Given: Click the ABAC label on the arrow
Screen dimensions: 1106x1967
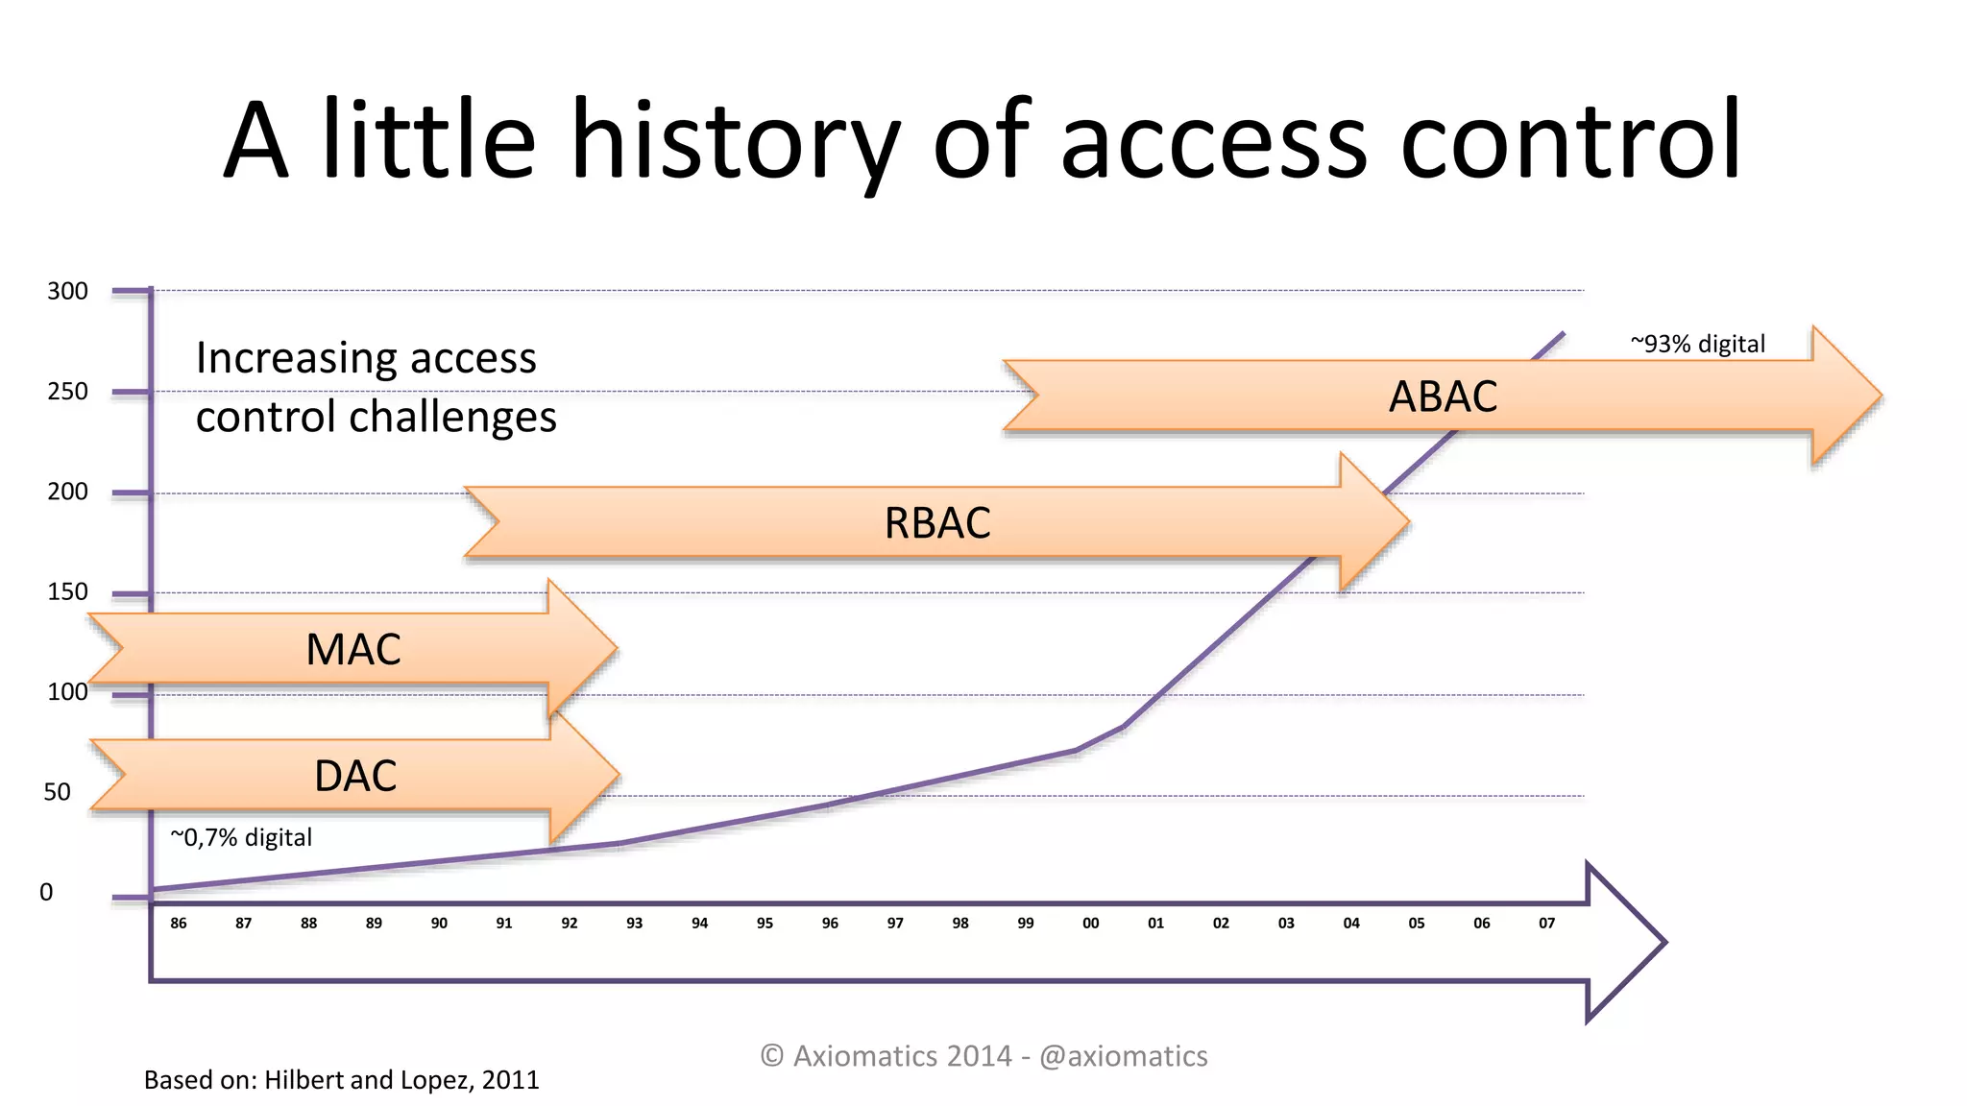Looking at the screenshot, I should pos(1443,397).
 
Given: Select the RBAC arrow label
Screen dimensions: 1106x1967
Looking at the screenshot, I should pos(937,523).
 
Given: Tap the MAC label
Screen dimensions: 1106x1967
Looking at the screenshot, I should pos(353,650).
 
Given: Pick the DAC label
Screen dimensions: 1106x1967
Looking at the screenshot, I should pos(355,776).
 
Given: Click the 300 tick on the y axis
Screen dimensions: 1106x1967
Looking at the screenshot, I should pos(67,291).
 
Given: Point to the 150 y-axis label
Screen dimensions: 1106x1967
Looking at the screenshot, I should pos(67,591).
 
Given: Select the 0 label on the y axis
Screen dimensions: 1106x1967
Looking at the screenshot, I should pos(46,892).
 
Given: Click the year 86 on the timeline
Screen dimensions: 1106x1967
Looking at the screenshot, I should pos(179,923).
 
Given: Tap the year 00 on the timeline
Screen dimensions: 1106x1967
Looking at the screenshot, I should pos(1090,923).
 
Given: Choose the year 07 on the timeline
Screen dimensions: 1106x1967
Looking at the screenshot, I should pos(1546,923).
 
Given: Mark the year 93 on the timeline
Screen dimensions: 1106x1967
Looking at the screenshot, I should pos(634,923).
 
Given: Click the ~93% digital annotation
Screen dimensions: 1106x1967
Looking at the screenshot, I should pos(1697,344).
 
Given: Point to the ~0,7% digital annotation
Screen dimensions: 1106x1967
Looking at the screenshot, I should pos(241,837).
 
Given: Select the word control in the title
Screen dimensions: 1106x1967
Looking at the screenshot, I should pos(1570,141).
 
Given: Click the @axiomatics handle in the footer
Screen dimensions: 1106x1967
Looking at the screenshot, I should pos(1123,1056).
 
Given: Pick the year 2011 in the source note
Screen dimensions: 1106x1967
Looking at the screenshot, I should pos(510,1080).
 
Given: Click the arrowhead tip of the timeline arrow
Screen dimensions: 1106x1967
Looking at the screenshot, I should pos(1663,942).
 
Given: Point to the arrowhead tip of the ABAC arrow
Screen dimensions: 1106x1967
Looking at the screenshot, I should pos(1879,396).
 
